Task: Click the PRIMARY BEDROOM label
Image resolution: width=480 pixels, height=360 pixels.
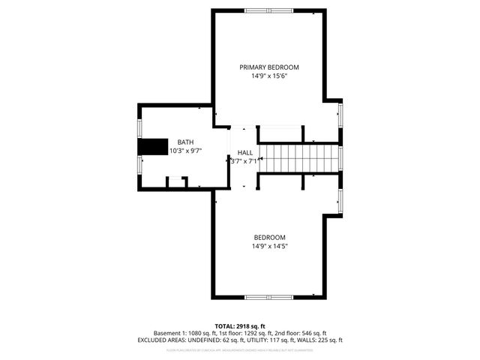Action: coord(269,67)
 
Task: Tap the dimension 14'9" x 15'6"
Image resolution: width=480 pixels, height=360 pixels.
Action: coord(269,76)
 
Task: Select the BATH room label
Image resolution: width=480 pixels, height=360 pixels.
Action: coord(184,142)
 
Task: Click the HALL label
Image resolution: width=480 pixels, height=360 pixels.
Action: coord(245,152)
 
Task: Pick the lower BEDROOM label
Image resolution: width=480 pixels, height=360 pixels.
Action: coord(269,237)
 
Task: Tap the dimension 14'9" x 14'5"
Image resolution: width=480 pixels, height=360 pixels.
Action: coord(269,246)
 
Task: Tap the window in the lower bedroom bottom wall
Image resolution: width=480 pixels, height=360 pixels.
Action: coord(269,297)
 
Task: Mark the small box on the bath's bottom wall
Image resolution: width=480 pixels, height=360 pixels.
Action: coord(176,181)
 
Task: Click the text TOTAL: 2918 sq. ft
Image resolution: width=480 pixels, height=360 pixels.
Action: coord(240,326)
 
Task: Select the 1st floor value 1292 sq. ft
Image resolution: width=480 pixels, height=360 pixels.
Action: coord(265,333)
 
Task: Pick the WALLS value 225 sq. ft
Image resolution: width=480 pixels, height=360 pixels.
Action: coord(326,340)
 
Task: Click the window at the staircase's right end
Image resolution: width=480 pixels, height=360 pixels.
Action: coord(340,158)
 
